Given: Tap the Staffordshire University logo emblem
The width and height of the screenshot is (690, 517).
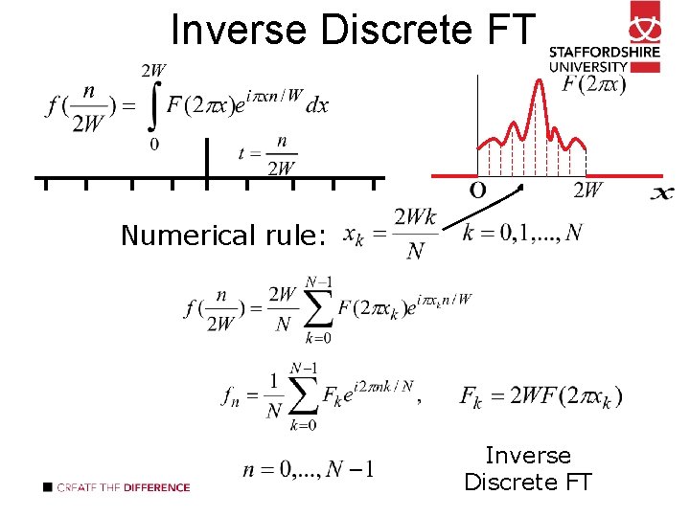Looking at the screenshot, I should pyautogui.click(x=644, y=21).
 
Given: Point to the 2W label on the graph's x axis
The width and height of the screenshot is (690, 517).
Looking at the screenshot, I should pyautogui.click(x=587, y=190).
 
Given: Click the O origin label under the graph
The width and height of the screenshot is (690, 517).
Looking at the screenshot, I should pyautogui.click(x=476, y=190).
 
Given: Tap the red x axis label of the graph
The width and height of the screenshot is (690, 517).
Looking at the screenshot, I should pyautogui.click(x=661, y=194).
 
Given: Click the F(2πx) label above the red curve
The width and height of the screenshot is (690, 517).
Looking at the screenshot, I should pyautogui.click(x=594, y=85).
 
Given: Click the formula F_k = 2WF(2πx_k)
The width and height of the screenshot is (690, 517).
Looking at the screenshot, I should pyautogui.click(x=540, y=395).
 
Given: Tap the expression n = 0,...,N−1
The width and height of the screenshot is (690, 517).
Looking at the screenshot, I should pyautogui.click(x=309, y=469).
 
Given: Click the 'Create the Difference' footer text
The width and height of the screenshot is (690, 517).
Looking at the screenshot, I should pyautogui.click(x=123, y=487).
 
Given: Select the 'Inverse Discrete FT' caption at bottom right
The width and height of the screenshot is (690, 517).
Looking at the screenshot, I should pyautogui.click(x=528, y=468).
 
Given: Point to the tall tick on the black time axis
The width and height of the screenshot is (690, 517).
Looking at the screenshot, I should pyautogui.click(x=206, y=158).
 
